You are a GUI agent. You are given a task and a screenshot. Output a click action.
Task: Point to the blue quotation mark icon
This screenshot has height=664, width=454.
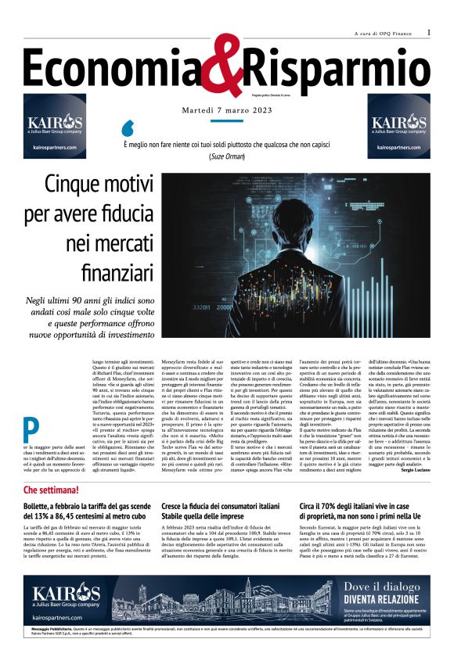pyautogui.click(x=128, y=127)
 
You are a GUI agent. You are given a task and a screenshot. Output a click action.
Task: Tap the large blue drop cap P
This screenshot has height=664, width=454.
pyautogui.click(x=31, y=427)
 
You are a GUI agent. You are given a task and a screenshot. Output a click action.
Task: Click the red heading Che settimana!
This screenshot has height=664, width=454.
pyautogui.click(x=51, y=490)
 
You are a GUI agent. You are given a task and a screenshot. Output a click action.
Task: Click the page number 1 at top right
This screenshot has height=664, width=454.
pyautogui.click(x=429, y=32)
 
